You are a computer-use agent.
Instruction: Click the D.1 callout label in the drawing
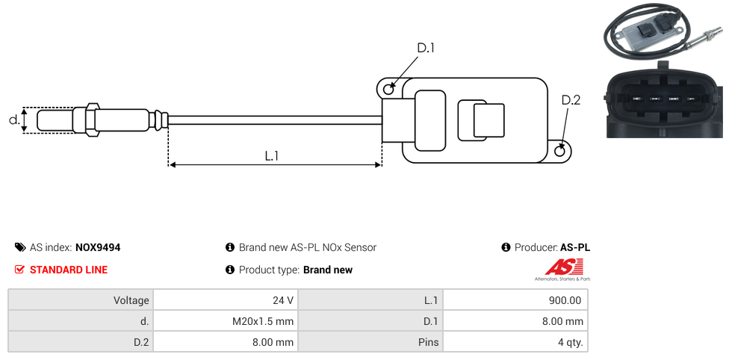[425, 48]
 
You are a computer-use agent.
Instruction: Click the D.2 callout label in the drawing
[571, 100]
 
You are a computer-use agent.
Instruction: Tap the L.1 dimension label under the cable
[272, 155]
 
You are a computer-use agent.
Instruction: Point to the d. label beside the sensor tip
[13, 120]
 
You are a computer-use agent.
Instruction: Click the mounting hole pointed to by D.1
[388, 90]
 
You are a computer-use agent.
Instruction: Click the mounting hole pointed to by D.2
[561, 151]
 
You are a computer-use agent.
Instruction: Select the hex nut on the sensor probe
[92, 120]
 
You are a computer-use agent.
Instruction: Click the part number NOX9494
[98, 247]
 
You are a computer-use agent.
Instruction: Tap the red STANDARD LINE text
[69, 270]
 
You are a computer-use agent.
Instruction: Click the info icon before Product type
[230, 270]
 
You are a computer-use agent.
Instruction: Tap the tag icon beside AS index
[19, 247]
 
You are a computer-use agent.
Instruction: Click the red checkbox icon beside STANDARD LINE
[19, 270]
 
